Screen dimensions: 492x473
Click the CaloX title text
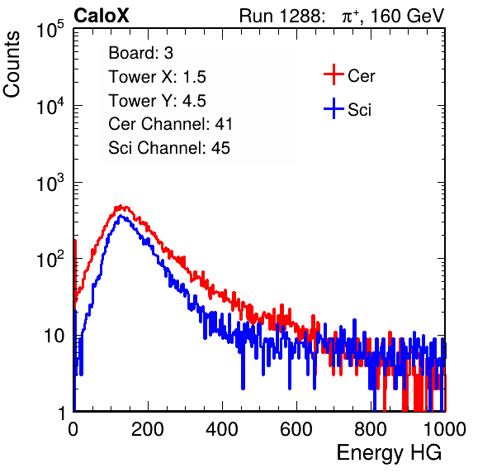point(101,16)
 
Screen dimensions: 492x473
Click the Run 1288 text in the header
point(281,16)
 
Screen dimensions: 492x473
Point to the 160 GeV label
point(407,16)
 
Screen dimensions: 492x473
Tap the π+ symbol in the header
point(351,16)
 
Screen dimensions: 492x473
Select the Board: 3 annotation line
point(140,53)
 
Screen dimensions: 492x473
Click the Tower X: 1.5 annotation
point(157,77)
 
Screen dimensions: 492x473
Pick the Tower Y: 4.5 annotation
point(157,101)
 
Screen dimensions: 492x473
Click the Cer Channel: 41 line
point(170,124)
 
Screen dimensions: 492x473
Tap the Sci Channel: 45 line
point(169,148)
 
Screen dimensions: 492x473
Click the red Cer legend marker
point(334,74)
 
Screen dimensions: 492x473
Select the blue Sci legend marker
point(334,109)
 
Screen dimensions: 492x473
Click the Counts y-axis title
point(12,64)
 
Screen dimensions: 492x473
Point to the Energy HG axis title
point(389,453)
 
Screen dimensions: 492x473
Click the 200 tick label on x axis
point(148,429)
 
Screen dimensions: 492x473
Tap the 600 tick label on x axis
point(296,429)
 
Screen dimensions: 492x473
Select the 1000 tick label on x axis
point(445,429)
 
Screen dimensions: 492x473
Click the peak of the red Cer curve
point(121,207)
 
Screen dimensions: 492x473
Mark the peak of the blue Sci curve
point(121,216)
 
